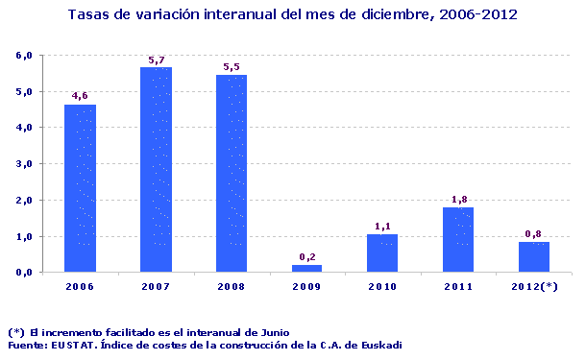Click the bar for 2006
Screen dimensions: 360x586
(80, 188)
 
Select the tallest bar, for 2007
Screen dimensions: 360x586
(156, 169)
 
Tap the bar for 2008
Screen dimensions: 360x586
(232, 173)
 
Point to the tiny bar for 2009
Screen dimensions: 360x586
(307, 269)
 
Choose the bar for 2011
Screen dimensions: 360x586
(458, 240)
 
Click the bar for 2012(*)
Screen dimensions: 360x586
(534, 257)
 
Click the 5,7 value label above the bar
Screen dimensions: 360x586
(156, 60)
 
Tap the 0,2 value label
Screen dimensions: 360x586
(307, 257)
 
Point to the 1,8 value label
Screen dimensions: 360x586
(458, 200)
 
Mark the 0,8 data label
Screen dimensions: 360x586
(534, 234)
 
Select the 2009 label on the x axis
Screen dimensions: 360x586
(307, 287)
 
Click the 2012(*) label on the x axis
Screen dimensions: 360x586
(534, 287)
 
